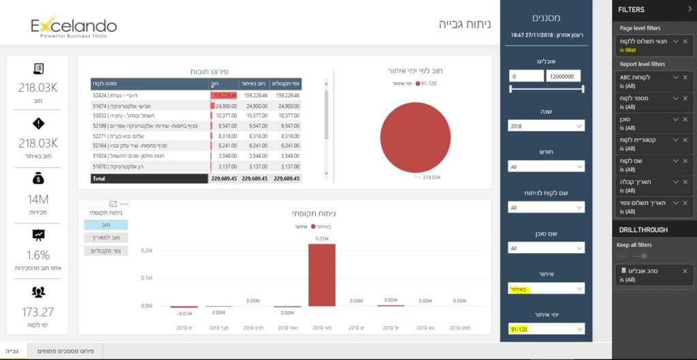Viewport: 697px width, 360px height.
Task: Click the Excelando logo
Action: tap(74, 27)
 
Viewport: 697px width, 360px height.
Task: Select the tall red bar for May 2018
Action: tap(321, 275)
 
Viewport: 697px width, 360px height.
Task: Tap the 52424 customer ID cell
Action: tap(99, 96)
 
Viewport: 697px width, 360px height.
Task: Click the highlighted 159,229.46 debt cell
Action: tap(224, 96)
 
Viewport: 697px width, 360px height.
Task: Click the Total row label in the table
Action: tap(99, 178)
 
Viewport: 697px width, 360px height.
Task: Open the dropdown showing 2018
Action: tap(546, 126)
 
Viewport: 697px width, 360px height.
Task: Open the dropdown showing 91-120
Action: tap(546, 329)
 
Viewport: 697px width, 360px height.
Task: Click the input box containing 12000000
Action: tap(563, 77)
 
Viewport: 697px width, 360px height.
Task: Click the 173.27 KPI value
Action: tap(37, 312)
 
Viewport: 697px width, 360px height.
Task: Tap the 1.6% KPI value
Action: tap(37, 255)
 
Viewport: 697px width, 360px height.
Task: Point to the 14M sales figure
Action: tap(37, 199)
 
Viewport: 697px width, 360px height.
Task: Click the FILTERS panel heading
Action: tap(632, 10)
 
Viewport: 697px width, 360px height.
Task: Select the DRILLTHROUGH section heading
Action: tap(643, 230)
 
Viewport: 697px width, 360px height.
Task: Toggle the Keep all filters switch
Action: tap(639, 256)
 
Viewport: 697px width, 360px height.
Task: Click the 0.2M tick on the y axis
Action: tap(146, 250)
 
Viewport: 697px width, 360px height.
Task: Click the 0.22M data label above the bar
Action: tap(321, 239)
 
